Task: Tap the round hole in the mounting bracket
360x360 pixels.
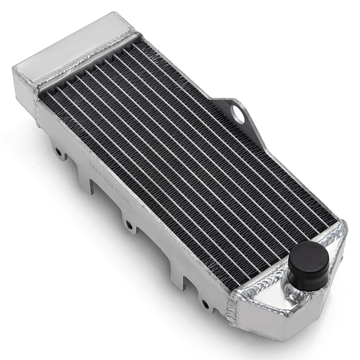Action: (237, 112)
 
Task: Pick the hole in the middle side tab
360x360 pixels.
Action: (129, 225)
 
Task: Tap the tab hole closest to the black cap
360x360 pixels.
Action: (205, 303)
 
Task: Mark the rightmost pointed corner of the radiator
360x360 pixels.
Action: (345, 226)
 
